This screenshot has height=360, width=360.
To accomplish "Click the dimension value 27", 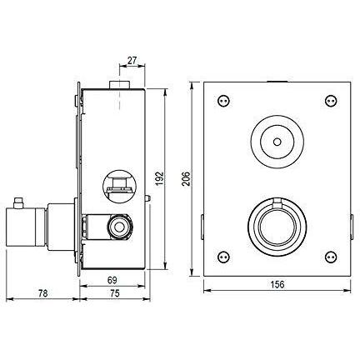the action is (132, 60).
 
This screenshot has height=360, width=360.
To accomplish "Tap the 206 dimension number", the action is (186, 179).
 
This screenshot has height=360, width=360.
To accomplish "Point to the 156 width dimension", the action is (277, 284).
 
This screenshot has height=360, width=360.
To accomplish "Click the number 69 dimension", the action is (112, 280).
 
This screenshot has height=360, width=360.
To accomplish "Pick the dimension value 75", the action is (114, 293).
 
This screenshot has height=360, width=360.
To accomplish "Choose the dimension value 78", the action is (42, 293).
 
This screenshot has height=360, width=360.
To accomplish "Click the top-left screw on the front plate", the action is (223, 100).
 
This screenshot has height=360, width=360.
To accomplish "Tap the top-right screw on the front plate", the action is (331, 100).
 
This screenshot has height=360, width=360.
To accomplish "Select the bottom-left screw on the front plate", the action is (223, 257).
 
